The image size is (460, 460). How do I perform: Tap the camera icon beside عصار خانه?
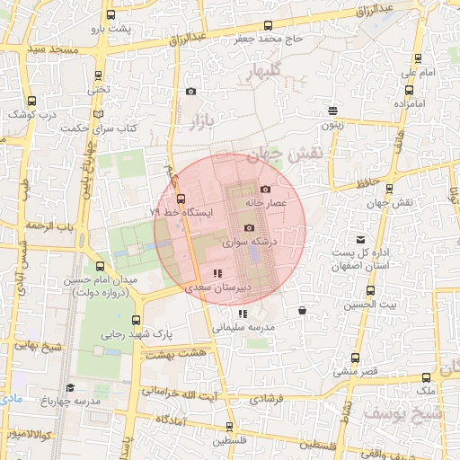click(265, 189)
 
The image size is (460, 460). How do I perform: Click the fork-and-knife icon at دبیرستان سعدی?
click(216, 273)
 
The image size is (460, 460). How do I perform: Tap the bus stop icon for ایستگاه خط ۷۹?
click(181, 199)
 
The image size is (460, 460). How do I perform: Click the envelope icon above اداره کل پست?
click(360, 240)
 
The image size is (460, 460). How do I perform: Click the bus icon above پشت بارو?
click(110, 16)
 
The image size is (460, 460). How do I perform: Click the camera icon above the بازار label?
click(190, 91)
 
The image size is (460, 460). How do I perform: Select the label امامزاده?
click(408, 104)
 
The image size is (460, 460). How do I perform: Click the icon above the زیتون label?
click(332, 111)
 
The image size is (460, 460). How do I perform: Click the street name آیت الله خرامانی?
click(200, 392)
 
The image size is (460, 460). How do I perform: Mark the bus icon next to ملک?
click(426, 377)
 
